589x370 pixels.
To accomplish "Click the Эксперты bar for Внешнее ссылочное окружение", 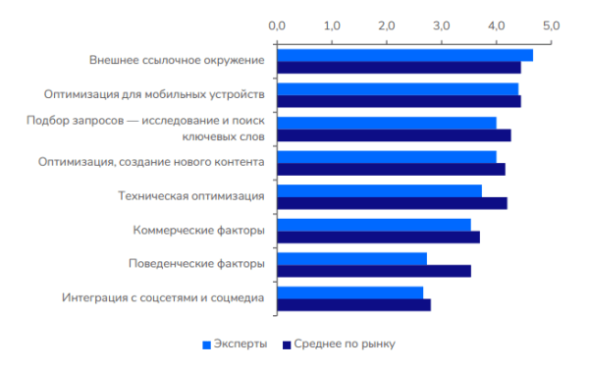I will (404, 55).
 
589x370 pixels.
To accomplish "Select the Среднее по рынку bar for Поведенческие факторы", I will (374, 271).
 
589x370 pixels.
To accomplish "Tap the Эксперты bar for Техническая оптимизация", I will (379, 190).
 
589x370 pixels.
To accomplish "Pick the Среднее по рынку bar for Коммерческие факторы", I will (378, 237).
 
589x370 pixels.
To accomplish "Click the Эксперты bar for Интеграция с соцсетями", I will (349, 292).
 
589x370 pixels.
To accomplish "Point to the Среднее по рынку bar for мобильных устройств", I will (399, 101).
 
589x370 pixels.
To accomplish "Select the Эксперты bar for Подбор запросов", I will (386, 123).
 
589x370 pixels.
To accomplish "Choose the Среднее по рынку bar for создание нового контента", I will (391, 169).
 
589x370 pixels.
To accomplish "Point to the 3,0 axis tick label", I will (441, 25).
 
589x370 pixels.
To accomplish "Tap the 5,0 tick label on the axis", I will (550, 25).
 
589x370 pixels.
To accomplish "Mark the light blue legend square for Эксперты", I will (206, 344).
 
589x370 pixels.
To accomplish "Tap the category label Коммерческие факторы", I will (198, 231).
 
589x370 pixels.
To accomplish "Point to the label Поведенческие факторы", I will (196, 264).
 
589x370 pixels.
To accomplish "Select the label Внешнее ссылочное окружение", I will (177, 61).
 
